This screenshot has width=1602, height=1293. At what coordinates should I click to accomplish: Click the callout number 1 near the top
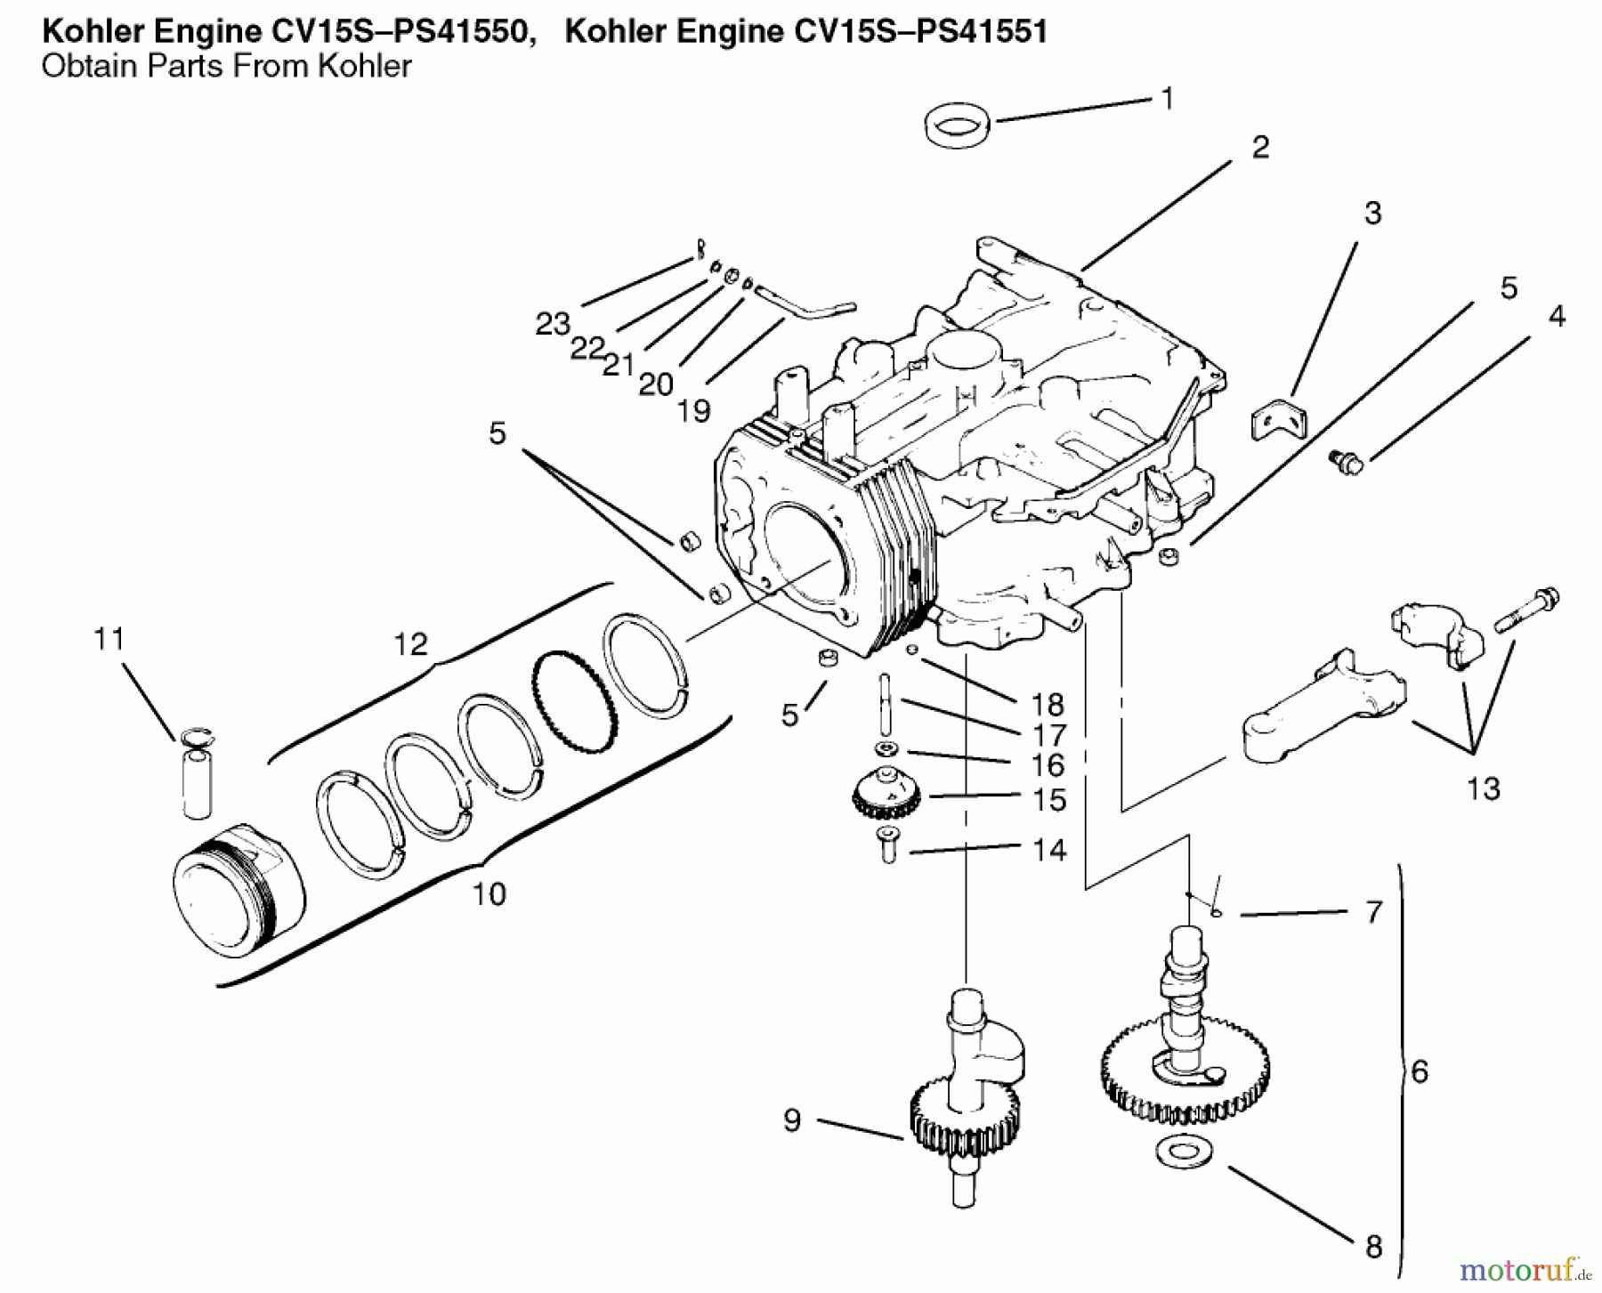click(1168, 99)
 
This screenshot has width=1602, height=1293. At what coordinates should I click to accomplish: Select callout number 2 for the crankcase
click(1260, 148)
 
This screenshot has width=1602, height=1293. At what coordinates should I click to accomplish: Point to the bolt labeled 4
click(1347, 462)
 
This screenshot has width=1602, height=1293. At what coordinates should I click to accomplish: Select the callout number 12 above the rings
click(410, 643)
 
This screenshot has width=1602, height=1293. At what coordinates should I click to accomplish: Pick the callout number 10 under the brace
click(489, 893)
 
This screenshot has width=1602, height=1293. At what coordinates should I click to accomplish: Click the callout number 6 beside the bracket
click(1419, 1071)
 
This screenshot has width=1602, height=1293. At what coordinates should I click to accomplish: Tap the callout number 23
click(552, 324)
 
